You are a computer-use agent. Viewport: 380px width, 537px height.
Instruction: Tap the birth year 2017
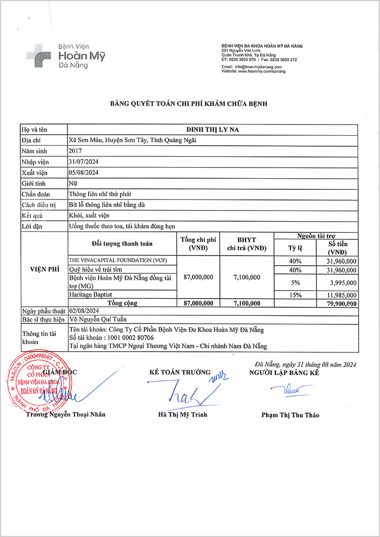(x=75, y=151)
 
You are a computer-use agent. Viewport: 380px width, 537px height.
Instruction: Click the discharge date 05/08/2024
(x=83, y=172)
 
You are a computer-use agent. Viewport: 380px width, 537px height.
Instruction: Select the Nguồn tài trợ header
(x=315, y=235)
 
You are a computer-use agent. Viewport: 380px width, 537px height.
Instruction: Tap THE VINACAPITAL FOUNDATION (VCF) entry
(x=118, y=260)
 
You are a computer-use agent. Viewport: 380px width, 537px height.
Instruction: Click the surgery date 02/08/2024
(x=85, y=311)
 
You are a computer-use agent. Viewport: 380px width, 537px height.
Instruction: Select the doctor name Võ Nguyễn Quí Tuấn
(x=98, y=319)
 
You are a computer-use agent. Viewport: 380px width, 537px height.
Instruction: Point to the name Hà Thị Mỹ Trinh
(x=182, y=415)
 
